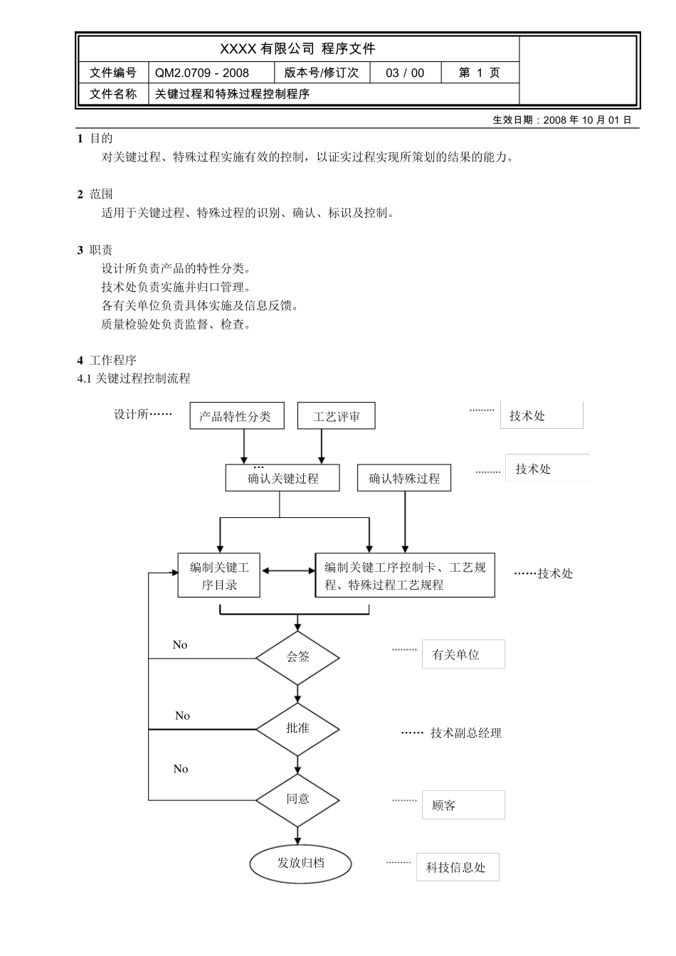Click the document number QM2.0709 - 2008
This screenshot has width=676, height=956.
point(202,73)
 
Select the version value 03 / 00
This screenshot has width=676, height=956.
point(405,73)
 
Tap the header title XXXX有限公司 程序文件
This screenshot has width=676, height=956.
point(297,48)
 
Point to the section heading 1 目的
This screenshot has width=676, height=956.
point(95,138)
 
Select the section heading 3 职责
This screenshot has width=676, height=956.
point(95,250)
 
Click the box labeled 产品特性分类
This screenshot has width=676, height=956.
point(236,416)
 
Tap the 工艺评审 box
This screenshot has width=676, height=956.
point(336,416)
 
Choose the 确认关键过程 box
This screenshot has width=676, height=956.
point(282,478)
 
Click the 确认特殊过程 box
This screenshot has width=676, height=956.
point(404,478)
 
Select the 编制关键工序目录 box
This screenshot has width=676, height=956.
point(218,575)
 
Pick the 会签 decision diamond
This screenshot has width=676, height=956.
point(297,657)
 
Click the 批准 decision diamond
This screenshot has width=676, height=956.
point(297,728)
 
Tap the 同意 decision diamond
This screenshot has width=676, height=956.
point(297,799)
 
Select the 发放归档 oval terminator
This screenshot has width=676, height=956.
point(300,863)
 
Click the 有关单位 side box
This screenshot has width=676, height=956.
point(463,654)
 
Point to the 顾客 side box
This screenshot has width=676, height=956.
point(463,805)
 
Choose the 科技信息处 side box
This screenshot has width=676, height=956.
point(457,867)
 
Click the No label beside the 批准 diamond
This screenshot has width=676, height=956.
point(182,716)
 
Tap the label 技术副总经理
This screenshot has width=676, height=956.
point(465,733)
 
